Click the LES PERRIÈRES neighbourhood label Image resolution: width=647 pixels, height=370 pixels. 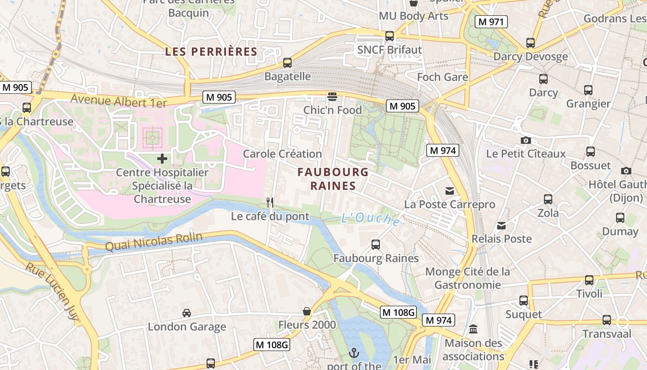point(211,51)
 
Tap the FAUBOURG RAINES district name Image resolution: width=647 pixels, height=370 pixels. point(333,179)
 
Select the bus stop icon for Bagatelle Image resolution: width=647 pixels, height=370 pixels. point(287,63)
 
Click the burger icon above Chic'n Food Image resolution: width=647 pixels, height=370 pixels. point(332,97)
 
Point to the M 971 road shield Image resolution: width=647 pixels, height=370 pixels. point(492,21)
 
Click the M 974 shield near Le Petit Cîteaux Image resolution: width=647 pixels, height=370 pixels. point(442,150)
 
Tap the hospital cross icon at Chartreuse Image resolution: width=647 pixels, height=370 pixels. point(162,159)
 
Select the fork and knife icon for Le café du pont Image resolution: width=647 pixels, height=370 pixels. point(270,203)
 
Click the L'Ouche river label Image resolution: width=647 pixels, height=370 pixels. point(371,219)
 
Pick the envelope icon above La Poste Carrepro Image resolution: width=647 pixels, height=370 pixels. point(449,191)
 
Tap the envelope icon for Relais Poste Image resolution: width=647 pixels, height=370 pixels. point(501,226)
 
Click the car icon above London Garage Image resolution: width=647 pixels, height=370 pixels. point(187,313)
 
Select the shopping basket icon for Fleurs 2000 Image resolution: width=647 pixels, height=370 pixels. point(306,311)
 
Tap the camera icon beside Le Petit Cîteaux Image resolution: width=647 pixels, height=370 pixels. point(525,140)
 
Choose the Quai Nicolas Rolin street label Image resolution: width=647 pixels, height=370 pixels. point(153,241)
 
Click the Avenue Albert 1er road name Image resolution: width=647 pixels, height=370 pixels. point(118,100)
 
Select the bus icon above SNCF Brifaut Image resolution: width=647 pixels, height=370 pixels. point(390,36)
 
